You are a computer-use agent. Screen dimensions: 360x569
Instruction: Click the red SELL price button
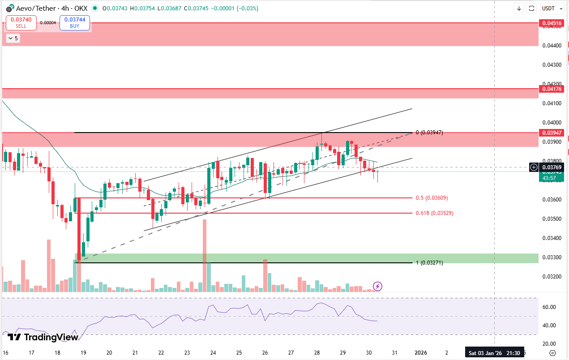21,22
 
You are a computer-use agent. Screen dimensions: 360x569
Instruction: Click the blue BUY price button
75,22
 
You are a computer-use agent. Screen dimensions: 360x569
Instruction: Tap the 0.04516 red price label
551,23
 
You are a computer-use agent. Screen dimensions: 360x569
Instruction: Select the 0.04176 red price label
551,89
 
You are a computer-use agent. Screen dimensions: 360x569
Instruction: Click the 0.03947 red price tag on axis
551,133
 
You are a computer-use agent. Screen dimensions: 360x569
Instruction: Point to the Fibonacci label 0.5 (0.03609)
432,198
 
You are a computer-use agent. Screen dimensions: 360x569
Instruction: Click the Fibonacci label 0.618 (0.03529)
434,213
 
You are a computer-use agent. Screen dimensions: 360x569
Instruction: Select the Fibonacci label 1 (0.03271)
429,263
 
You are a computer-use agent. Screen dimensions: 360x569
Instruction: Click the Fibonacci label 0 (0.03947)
429,133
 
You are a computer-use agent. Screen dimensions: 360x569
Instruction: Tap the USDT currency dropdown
551,8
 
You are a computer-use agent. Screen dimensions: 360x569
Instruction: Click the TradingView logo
43,337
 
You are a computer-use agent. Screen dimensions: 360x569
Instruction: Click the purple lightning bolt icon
377,286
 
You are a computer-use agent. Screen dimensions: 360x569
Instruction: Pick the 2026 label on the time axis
421,353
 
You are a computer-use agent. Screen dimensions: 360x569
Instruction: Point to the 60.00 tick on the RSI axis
549,307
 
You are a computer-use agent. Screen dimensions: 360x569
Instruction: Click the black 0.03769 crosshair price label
551,167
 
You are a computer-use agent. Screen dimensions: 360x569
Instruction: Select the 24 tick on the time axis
213,353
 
